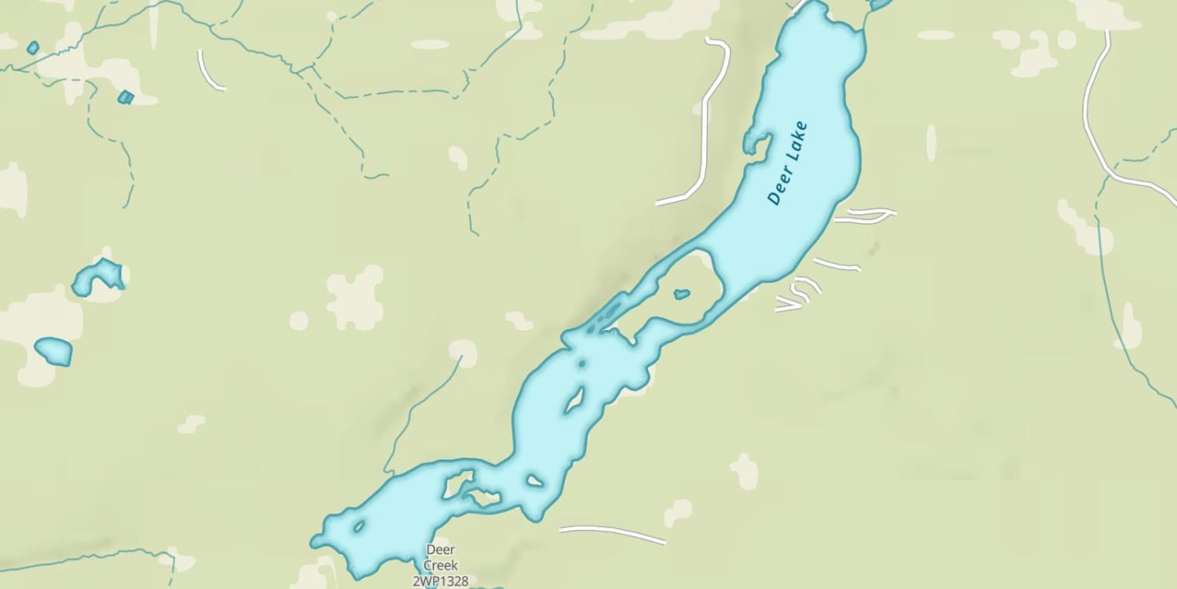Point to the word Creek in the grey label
pyautogui.click(x=440, y=565)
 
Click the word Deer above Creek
pyautogui.click(x=440, y=550)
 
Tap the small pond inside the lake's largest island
pyautogui.click(x=682, y=294)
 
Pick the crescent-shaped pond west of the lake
pyautogui.click(x=98, y=277)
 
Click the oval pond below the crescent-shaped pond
pyautogui.click(x=54, y=351)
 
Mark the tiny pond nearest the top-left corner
pyautogui.click(x=32, y=48)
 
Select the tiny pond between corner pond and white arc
pyautogui.click(x=126, y=97)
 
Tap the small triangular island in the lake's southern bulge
pyautogui.click(x=535, y=480)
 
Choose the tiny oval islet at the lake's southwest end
pyautogui.click(x=359, y=526)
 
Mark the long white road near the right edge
pyautogui.click(x=1095, y=118)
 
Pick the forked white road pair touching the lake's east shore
pyautogui.click(x=863, y=215)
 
